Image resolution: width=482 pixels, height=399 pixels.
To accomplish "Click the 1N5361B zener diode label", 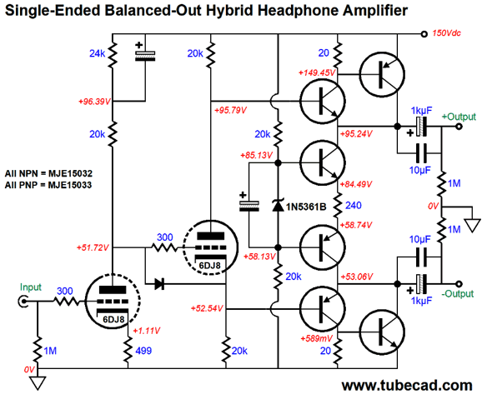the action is click(x=306, y=207).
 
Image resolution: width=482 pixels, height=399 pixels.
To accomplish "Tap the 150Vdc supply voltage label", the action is click(x=447, y=32).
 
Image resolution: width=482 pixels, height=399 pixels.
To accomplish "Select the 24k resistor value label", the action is click(x=97, y=53).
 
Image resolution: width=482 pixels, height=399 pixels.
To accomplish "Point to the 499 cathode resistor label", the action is click(x=143, y=351).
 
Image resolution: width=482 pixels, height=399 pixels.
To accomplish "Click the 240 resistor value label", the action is click(x=354, y=205).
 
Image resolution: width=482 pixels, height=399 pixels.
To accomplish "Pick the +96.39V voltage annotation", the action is click(x=94, y=102).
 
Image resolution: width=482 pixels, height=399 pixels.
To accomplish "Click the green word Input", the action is click(x=30, y=287).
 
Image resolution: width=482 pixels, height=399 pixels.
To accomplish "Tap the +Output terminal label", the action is click(x=459, y=117).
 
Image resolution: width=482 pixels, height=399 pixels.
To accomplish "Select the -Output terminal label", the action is click(x=458, y=294).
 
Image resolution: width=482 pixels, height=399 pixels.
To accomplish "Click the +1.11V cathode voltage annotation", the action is click(x=146, y=331).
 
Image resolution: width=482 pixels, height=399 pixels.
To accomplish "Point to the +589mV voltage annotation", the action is click(x=316, y=338).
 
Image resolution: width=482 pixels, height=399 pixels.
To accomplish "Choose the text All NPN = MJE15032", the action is click(x=48, y=173).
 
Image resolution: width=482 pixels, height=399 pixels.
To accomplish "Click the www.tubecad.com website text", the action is click(x=407, y=386).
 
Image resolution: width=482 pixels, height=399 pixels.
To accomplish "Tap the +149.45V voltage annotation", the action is click(x=317, y=72).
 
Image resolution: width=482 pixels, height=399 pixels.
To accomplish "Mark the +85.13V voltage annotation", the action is click(x=256, y=155).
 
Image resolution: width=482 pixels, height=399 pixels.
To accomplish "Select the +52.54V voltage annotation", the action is click(x=207, y=308).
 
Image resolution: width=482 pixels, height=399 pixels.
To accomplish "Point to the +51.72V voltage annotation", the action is click(x=93, y=247).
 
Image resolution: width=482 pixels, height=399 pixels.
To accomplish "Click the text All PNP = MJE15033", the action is click(x=48, y=185).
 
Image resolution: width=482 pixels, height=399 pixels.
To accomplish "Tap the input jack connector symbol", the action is click(x=23, y=302).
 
